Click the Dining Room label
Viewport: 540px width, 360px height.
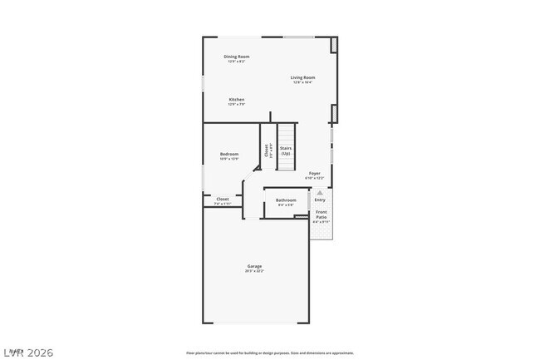(237, 57)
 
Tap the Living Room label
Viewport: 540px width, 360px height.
(302, 77)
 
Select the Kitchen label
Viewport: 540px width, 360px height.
(237, 99)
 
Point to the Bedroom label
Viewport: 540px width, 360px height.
(229, 154)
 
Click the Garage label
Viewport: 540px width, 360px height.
(253, 266)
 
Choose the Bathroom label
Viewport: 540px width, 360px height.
(286, 200)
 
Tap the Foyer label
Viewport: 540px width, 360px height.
(314, 173)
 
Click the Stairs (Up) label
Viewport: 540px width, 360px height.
(286, 151)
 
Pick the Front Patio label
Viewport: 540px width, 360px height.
(322, 215)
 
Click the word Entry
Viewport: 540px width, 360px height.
(320, 200)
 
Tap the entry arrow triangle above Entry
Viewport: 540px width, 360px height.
(320, 191)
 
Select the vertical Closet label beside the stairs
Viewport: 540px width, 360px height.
(267, 151)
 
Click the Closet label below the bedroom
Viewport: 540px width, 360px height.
(223, 199)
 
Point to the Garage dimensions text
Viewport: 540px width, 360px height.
(253, 271)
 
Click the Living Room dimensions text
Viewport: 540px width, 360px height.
(302, 82)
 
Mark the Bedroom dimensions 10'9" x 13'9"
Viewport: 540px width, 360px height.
(229, 159)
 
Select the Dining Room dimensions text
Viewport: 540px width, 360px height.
(237, 62)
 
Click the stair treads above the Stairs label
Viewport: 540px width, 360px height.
(286, 133)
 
